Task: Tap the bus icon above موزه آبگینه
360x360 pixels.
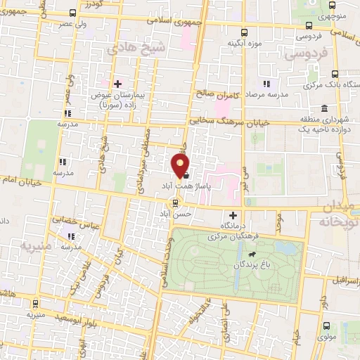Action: tap(244, 32)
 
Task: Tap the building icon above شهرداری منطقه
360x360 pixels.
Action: tap(324, 108)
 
